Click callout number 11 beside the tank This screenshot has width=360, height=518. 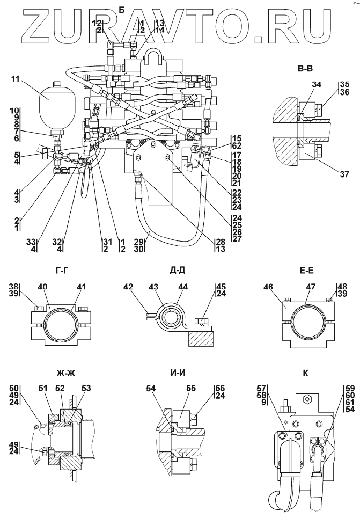[x=14, y=79]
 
